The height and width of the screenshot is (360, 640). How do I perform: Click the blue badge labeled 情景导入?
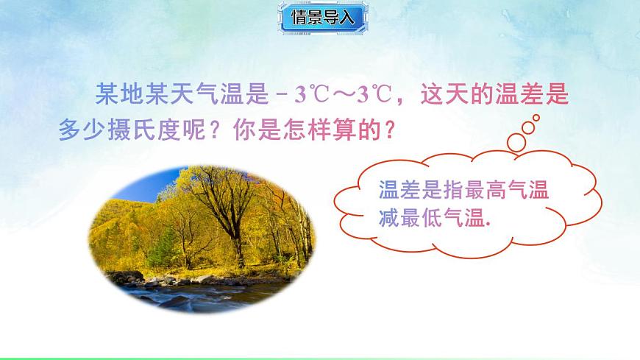tap(323, 18)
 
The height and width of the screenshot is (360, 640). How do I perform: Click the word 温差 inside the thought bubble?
tap(394, 190)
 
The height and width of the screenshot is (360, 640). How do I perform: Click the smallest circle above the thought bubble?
tap(536, 117)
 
